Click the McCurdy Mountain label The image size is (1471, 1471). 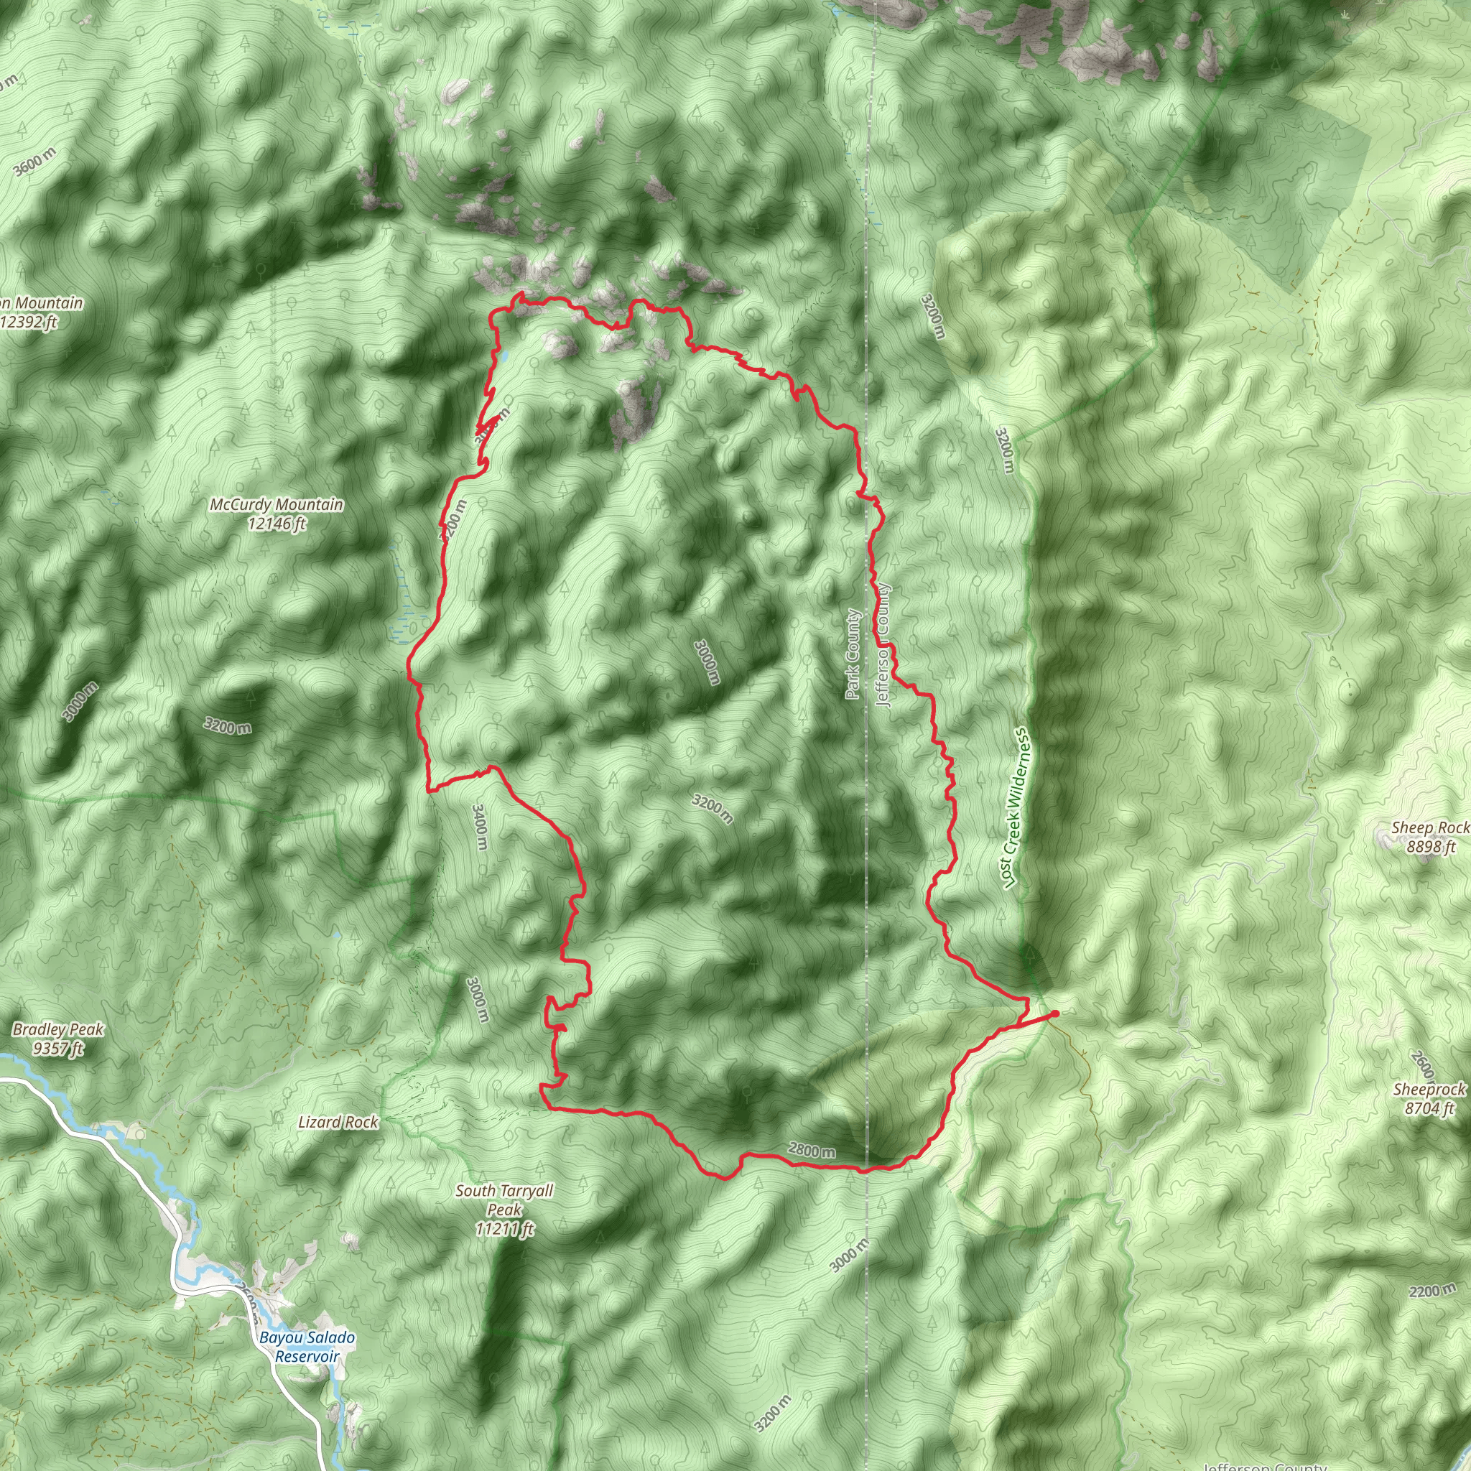277,505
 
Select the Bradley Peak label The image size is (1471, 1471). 58,1030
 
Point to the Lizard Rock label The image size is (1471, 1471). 338,1123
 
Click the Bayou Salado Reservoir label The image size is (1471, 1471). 307,1347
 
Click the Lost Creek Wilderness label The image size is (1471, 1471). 1016,808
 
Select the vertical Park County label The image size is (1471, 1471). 853,654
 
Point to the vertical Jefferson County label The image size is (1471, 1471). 883,646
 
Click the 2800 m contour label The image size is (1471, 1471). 812,1151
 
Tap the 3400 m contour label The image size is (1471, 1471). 479,827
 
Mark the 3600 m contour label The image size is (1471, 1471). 35,162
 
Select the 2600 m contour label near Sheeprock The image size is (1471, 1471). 1421,1064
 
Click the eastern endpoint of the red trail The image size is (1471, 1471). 1054,1013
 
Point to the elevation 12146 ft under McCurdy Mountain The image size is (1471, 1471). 277,524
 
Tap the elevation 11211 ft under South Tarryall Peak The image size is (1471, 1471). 505,1229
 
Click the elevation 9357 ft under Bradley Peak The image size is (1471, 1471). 58,1049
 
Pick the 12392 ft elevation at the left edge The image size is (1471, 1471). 29,322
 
